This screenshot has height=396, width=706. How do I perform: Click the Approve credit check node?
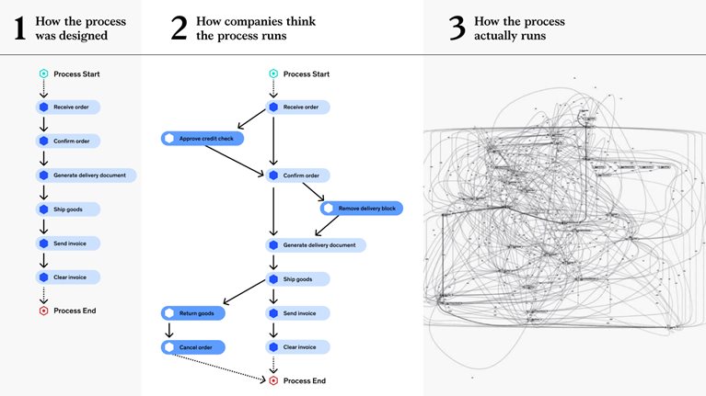pyautogui.click(x=199, y=139)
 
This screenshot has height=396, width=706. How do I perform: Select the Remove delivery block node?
pyautogui.click(x=361, y=209)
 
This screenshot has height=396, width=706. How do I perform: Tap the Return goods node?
pyautogui.click(x=193, y=313)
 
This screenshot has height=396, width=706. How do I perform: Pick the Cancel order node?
pyautogui.click(x=193, y=347)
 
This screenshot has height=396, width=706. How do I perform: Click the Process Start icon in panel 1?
pyautogui.click(x=42, y=74)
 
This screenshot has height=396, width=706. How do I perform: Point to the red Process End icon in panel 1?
pyautogui.click(x=42, y=311)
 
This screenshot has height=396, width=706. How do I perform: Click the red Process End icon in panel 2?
pyautogui.click(x=272, y=380)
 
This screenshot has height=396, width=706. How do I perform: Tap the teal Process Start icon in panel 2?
pyautogui.click(x=272, y=74)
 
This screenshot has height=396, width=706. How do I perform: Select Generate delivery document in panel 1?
pyautogui.click(x=87, y=175)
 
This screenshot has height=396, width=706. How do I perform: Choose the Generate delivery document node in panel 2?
pyautogui.click(x=316, y=245)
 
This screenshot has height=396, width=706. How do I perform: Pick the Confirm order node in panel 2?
pyautogui.click(x=298, y=175)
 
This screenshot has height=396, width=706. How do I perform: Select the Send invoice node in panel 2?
pyautogui.click(x=298, y=313)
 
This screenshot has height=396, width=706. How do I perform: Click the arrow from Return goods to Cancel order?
pyautogui.click(x=168, y=330)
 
